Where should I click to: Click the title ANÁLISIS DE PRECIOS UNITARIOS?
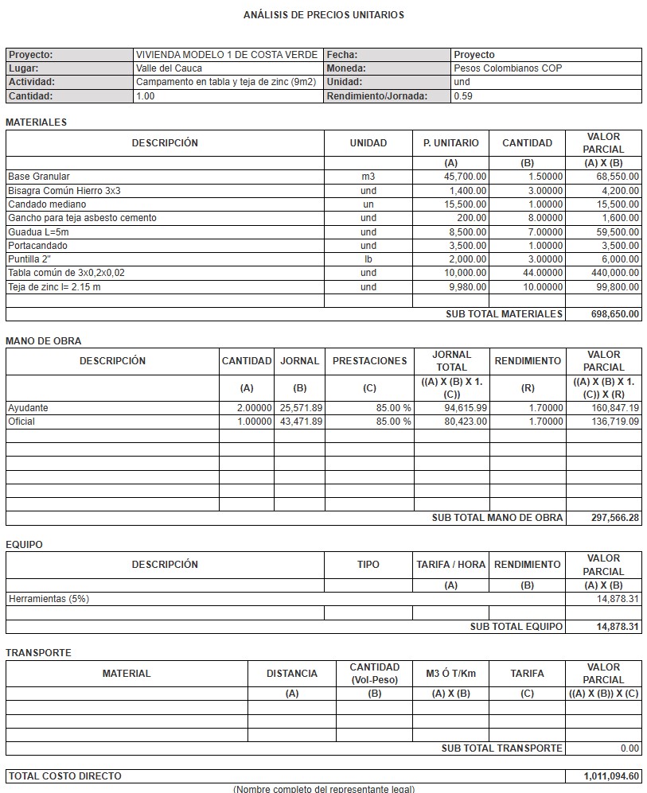323,15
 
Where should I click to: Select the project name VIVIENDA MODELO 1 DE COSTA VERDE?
227,55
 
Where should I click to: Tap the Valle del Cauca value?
169,68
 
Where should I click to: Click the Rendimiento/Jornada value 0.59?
462,96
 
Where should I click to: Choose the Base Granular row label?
39,177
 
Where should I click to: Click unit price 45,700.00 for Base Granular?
466,177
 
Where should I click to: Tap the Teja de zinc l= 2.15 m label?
54,286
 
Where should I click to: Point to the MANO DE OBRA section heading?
44,341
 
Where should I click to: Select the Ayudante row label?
28,408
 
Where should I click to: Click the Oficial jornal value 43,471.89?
301,422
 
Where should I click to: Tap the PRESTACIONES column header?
369,361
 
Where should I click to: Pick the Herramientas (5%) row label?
49,599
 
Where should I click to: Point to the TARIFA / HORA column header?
450,565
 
